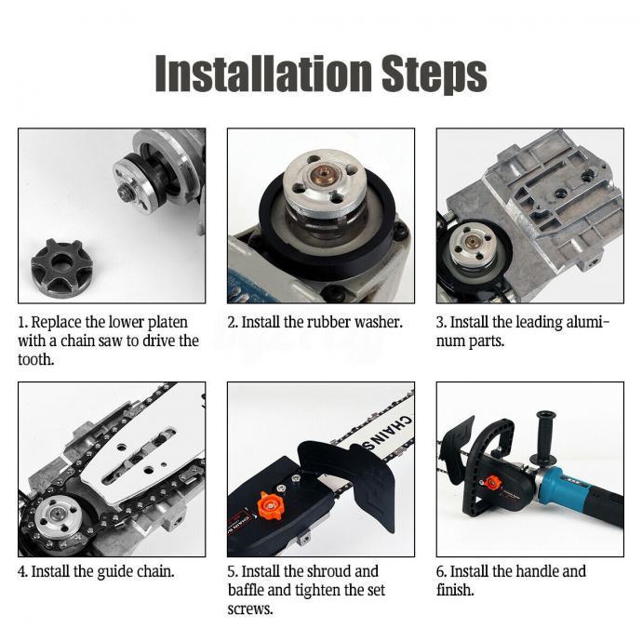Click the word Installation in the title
tap(263, 73)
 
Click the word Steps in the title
tap(435, 74)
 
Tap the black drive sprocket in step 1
tap(61, 263)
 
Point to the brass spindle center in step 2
tap(322, 174)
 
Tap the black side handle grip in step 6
tap(543, 435)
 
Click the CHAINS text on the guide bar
tap(385, 434)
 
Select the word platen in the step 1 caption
tap(167, 323)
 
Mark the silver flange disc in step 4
tap(56, 515)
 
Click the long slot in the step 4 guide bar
tap(140, 454)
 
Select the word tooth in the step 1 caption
tap(35, 360)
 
